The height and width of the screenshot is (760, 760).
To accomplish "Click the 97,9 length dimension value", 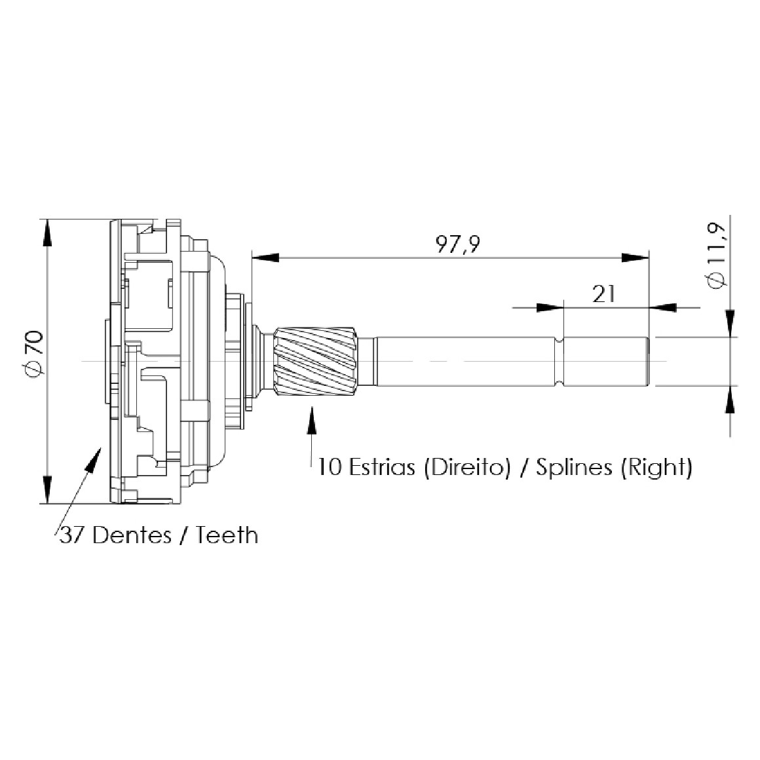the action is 457,244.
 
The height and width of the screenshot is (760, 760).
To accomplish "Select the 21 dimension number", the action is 603,294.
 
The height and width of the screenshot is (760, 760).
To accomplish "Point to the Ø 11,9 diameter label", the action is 716,256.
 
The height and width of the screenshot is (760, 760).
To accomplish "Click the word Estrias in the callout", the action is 382,467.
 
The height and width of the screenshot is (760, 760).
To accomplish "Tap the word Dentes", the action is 132,535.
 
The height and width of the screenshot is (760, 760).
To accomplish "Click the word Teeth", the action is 227,535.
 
